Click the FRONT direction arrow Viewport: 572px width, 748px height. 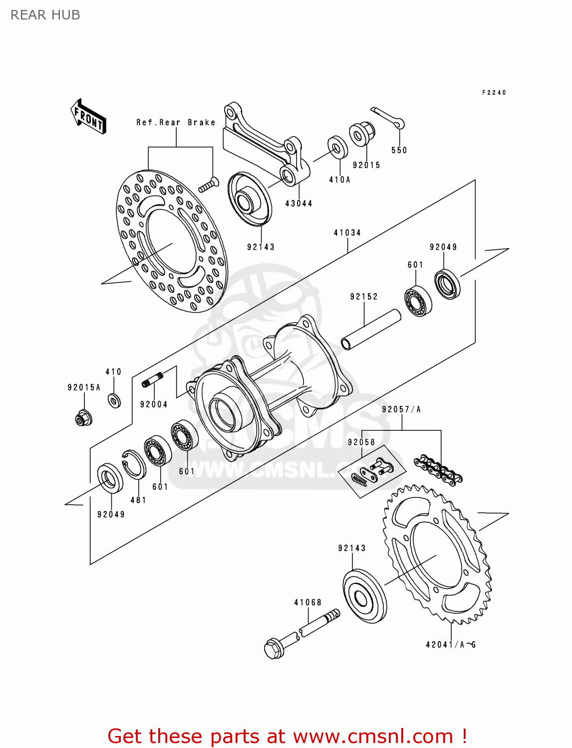point(88,117)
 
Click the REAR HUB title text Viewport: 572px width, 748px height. point(45,15)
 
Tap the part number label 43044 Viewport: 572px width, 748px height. point(298,203)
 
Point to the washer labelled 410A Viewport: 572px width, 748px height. point(338,148)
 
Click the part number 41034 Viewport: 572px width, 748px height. point(347,232)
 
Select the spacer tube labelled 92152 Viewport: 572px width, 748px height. point(371,330)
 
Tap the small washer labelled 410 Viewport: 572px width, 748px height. point(114,400)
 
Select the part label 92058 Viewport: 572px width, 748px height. point(361,442)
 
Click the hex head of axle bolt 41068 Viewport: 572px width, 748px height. point(274,648)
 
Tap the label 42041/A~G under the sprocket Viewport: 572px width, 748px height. point(450,644)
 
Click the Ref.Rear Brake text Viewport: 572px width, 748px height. point(176,123)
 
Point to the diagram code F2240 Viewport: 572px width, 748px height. point(494,92)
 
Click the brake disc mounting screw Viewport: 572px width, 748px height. point(209,185)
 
